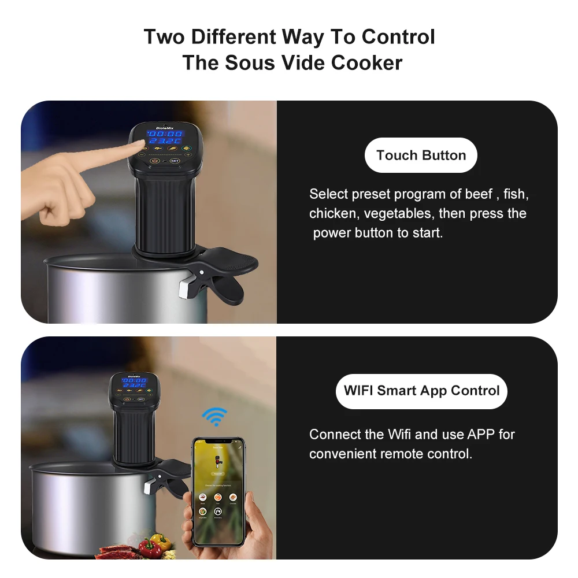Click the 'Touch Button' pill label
(x=421, y=155)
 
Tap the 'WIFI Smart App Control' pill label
(x=421, y=391)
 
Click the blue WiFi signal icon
(x=214, y=416)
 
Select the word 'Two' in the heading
(x=165, y=37)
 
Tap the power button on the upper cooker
(x=155, y=161)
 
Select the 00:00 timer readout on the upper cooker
(x=164, y=134)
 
